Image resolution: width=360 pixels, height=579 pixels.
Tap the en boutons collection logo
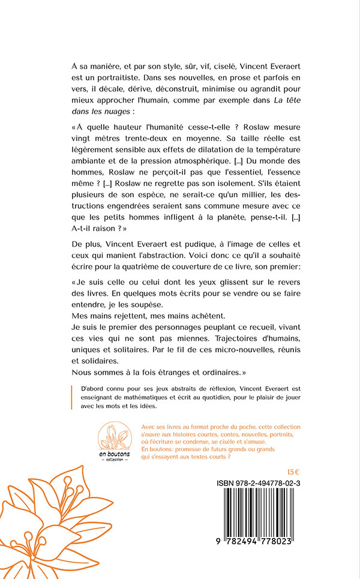(x=113, y=442)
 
